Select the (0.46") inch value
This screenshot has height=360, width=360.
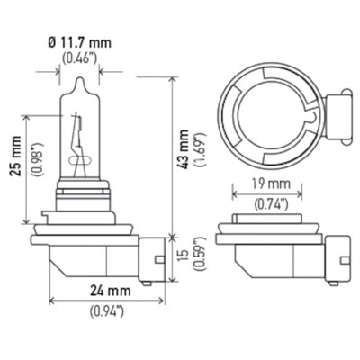[80, 58]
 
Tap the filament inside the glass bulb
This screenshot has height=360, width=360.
[80, 144]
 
